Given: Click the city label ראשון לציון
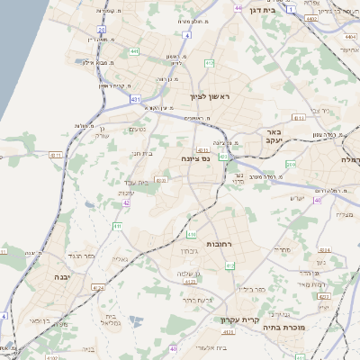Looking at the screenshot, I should click(210, 95).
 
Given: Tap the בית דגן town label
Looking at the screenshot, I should click(262, 10).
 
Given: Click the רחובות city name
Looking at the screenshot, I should click(220, 244).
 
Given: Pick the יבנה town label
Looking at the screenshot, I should click(64, 277).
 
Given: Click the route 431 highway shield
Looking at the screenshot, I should click(135, 98).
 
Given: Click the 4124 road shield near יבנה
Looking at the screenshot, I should click(98, 288).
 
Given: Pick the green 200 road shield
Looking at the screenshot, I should click(290, 165).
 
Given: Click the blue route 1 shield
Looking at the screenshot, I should click(292, 7).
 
